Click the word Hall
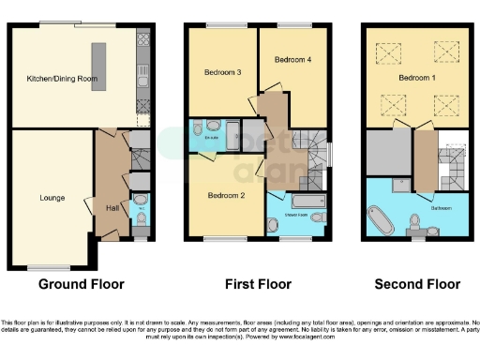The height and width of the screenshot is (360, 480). [x=112, y=207]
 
